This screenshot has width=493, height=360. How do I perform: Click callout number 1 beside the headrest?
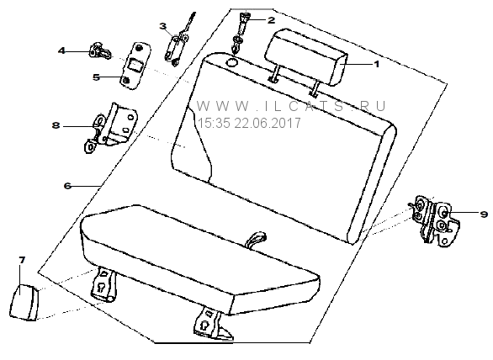pyautogui.click(x=376, y=64)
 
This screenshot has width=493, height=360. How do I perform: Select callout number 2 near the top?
pyautogui.click(x=271, y=20)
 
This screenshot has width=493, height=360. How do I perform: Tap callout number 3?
pyautogui.click(x=163, y=26)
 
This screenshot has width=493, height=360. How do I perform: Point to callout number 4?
pyautogui.click(x=61, y=50)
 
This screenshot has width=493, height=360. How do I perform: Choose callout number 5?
pyautogui.click(x=97, y=77)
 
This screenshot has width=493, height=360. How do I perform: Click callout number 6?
pyautogui.click(x=67, y=186)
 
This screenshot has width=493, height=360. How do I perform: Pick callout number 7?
pyautogui.click(x=22, y=261)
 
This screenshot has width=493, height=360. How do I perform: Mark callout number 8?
pyautogui.click(x=56, y=125)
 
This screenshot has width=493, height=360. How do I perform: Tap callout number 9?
pyautogui.click(x=484, y=214)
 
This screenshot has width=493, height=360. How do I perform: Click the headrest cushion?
pyautogui.click(x=306, y=56)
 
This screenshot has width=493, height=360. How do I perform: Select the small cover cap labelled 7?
pyautogui.click(x=24, y=303)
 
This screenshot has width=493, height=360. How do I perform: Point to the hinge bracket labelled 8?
pyautogui.click(x=112, y=127)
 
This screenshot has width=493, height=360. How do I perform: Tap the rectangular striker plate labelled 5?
pyautogui.click(x=135, y=66)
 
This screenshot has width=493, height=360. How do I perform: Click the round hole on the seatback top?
pyautogui.click(x=232, y=62)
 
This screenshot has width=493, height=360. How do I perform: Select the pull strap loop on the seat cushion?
pyautogui.click(x=255, y=239)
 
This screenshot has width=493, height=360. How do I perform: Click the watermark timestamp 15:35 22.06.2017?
pyautogui.click(x=249, y=124)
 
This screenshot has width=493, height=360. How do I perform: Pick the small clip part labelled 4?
pyautogui.click(x=100, y=51)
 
